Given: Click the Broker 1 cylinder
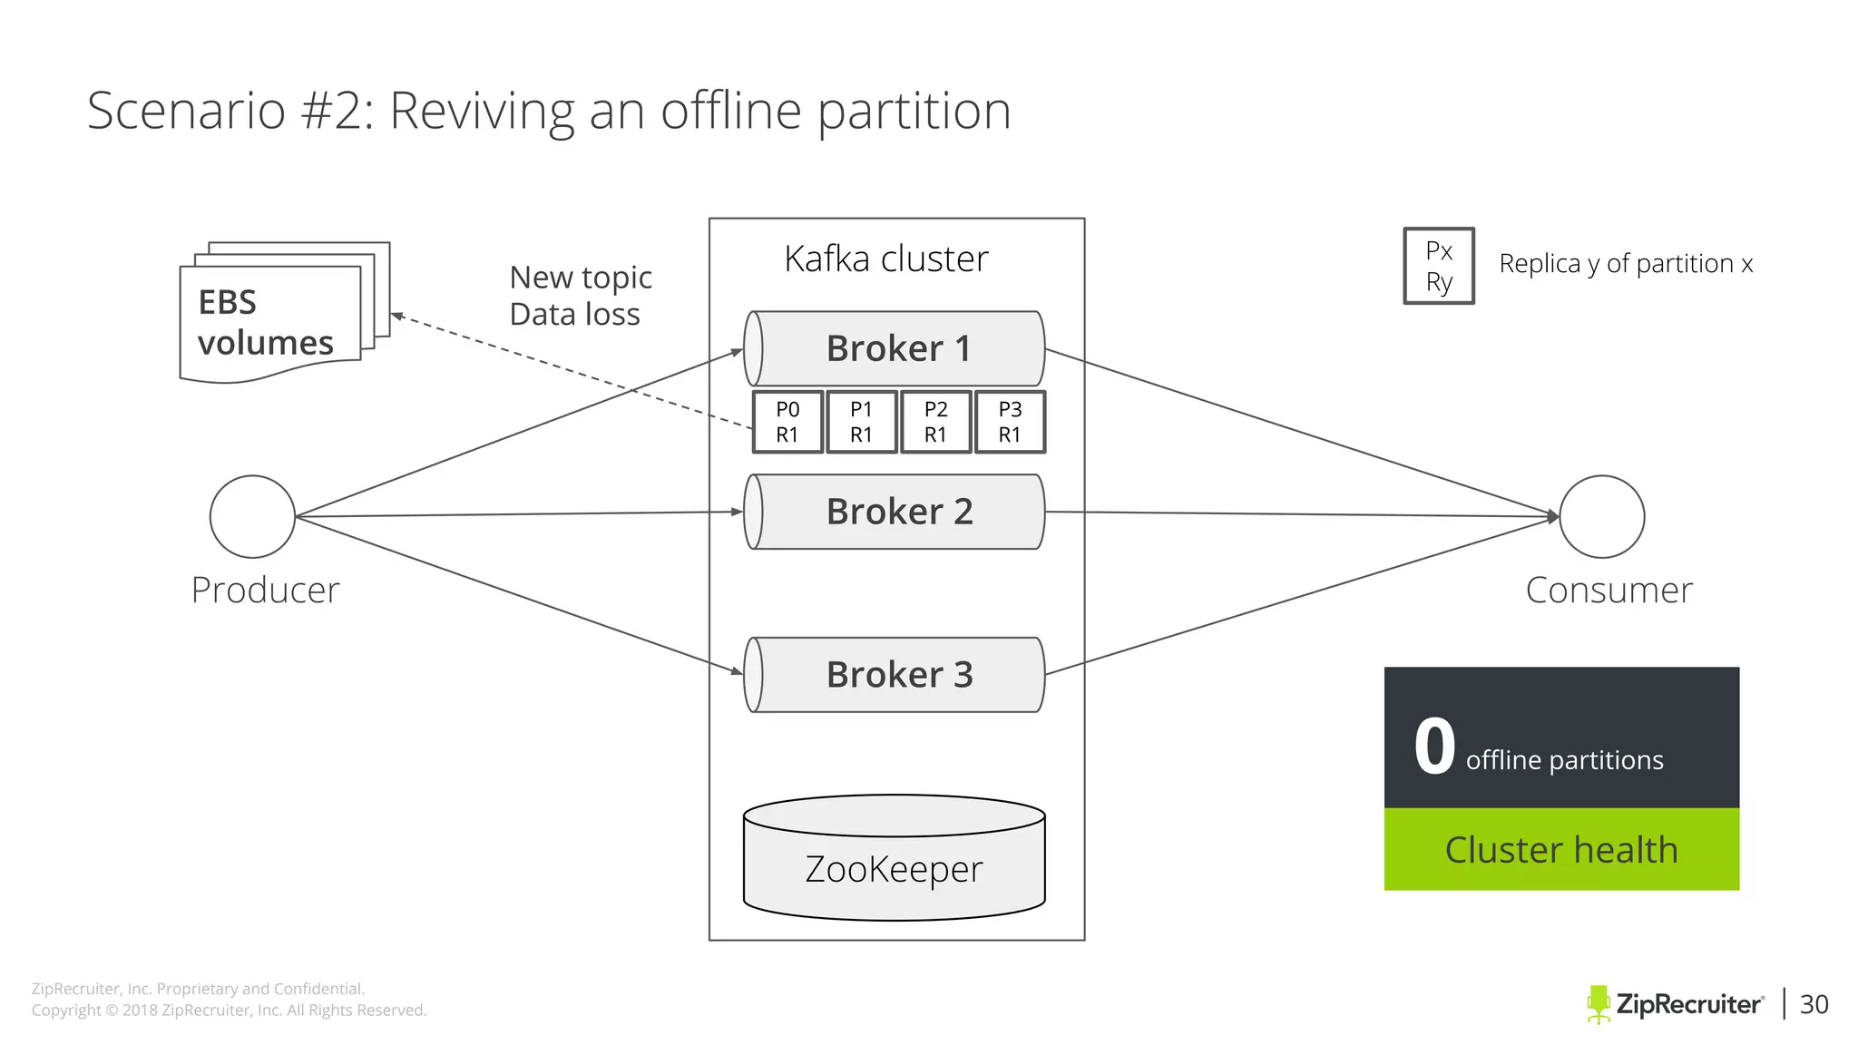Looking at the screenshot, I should (x=895, y=348).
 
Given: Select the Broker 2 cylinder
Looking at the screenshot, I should (x=895, y=512).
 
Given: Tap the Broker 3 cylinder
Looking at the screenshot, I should (x=895, y=675).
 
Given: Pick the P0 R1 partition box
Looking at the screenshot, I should (x=787, y=422).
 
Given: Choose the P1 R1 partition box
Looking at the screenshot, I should (x=861, y=422).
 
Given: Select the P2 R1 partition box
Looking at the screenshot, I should (x=935, y=422).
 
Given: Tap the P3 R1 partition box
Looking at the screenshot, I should (x=1010, y=422).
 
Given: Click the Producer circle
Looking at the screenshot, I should (x=252, y=516).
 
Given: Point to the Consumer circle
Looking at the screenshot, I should (x=1601, y=516).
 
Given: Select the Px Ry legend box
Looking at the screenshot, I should (x=1439, y=266).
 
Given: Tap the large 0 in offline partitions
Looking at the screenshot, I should (x=1434, y=747).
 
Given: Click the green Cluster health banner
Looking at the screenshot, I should (x=1561, y=849).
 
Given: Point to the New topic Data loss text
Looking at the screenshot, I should (x=581, y=296).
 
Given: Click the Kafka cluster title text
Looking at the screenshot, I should (x=886, y=259).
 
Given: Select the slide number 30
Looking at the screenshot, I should (x=1814, y=1004).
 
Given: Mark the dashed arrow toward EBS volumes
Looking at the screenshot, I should (x=572, y=370).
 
